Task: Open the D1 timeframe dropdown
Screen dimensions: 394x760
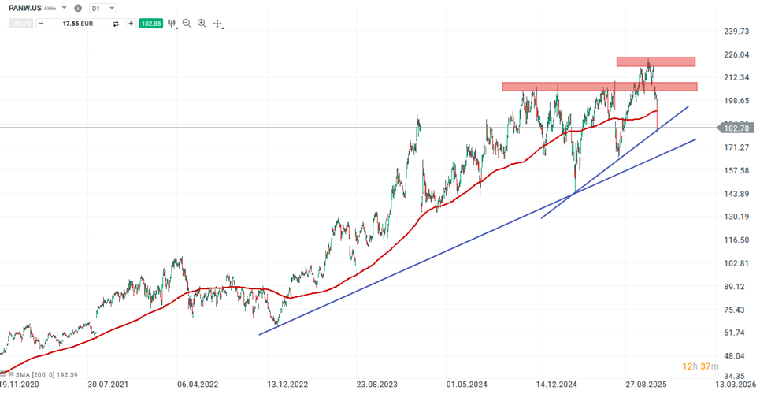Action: [103, 8]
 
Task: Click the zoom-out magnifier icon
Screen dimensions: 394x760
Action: [187, 24]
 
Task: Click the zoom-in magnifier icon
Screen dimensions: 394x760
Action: [202, 24]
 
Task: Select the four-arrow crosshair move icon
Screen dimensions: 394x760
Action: [217, 24]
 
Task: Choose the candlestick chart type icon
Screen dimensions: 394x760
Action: [171, 24]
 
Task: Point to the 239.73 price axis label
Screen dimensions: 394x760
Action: [736, 32]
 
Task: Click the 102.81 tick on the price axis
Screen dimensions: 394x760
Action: [736, 263]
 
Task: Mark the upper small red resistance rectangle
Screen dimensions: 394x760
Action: [655, 61]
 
